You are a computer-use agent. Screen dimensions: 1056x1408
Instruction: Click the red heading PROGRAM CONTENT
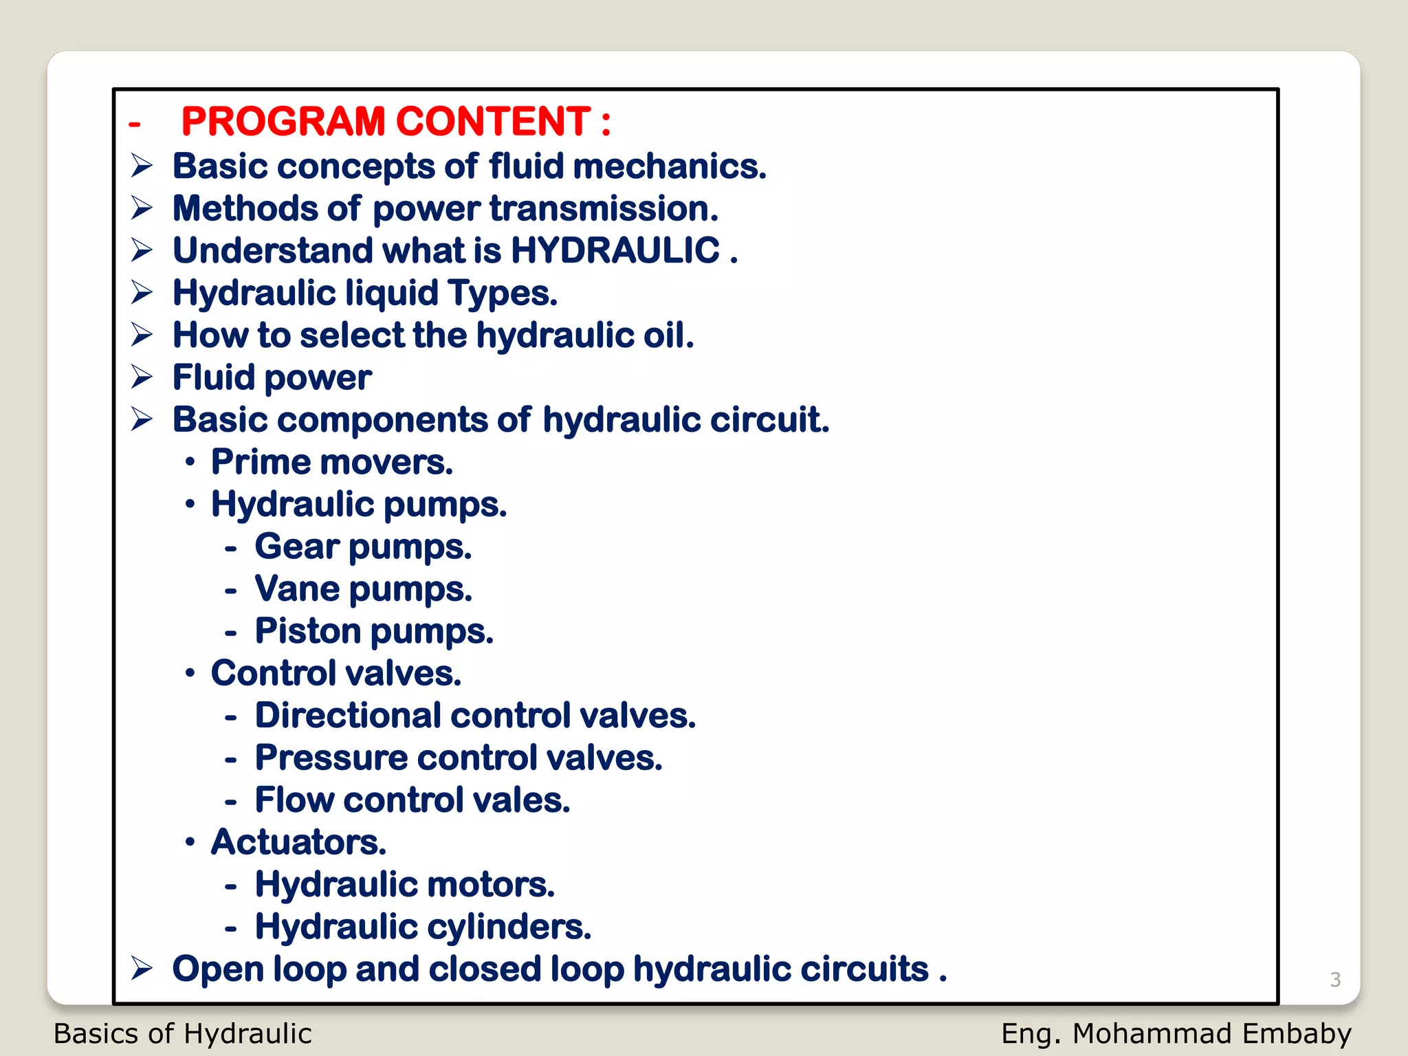click(395, 122)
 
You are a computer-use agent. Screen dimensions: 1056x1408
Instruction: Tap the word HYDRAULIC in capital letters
click(615, 250)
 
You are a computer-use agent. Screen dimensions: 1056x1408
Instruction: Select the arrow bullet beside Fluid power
click(142, 377)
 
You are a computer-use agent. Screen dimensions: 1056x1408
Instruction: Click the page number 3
click(1335, 979)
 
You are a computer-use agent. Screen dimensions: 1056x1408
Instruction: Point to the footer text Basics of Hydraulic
click(182, 1034)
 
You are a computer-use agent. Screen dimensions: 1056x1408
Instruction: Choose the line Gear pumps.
click(363, 547)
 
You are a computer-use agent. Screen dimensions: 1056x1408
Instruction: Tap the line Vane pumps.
click(363, 590)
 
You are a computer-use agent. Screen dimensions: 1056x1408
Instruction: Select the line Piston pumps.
click(374, 632)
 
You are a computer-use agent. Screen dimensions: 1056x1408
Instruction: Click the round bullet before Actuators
click(190, 842)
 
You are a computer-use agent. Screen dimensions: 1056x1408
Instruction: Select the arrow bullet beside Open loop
click(142, 969)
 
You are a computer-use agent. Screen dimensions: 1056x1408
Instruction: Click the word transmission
click(604, 208)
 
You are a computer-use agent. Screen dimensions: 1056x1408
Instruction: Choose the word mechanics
click(669, 166)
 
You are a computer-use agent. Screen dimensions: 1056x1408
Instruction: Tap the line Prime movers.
click(331, 463)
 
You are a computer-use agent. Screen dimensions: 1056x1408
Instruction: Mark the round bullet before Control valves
click(190, 674)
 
